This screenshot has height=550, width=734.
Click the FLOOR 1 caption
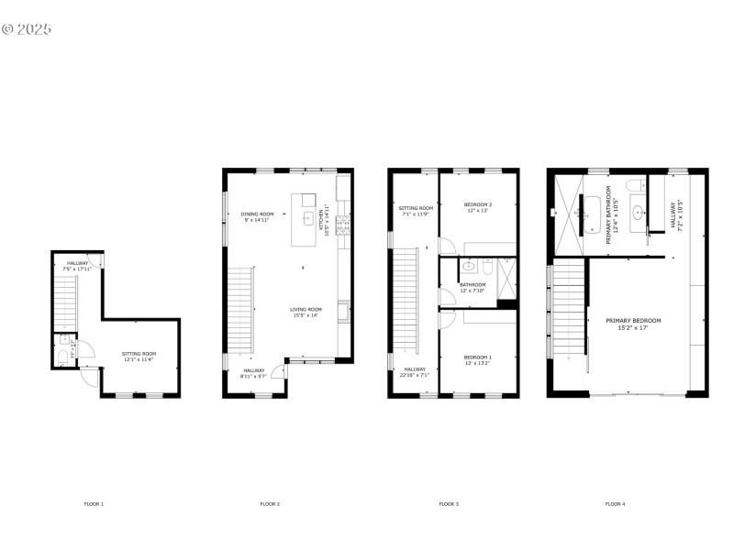tap(94, 504)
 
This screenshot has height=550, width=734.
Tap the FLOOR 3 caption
tap(448, 504)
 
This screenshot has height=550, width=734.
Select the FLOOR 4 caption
tap(615, 504)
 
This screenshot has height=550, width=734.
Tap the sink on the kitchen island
tap(308, 218)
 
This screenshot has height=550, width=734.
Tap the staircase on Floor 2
tap(239, 309)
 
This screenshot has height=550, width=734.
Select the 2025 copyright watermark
tap(27, 28)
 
